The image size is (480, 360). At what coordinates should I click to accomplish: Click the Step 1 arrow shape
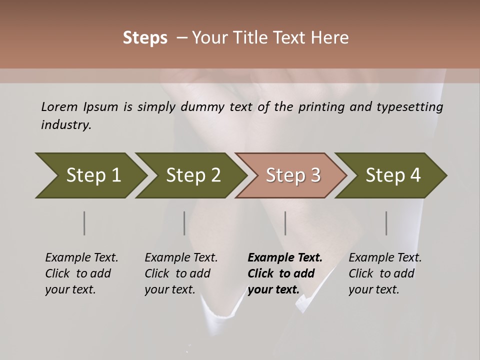92,175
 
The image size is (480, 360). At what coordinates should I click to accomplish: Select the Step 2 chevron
192,175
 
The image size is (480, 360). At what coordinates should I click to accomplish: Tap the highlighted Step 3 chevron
292,175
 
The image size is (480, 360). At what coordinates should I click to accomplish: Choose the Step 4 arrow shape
392,175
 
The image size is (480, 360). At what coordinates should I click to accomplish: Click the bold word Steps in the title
145,38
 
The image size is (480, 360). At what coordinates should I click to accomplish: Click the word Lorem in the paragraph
59,106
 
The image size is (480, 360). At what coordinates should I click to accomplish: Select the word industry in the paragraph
66,124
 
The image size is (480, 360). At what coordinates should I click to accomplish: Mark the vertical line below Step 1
84,223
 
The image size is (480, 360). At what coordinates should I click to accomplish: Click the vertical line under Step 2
184,223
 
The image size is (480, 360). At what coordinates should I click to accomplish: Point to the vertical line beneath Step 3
285,223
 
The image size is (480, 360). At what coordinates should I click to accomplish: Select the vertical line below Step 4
386,223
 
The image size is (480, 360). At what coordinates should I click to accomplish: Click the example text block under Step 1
81,273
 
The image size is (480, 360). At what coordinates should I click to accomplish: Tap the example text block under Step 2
181,273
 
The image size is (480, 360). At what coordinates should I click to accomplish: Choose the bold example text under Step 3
285,273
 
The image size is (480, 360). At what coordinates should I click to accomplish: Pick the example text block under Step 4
385,273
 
